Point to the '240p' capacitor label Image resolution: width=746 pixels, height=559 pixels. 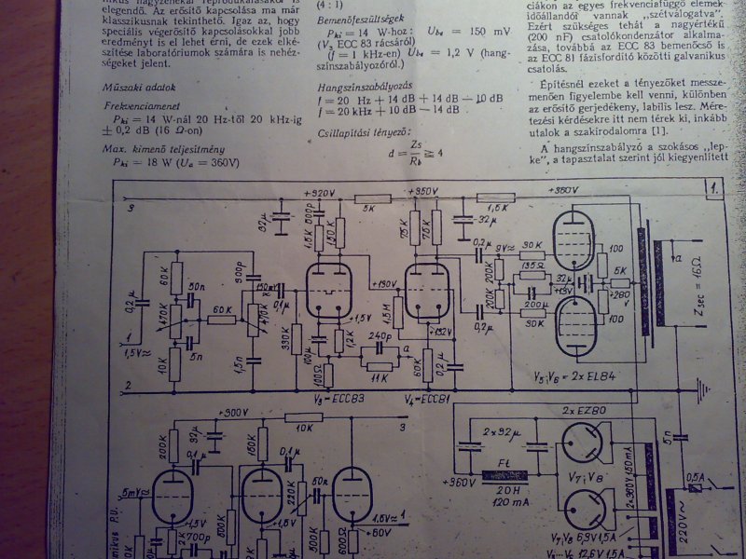coord(380,336)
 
